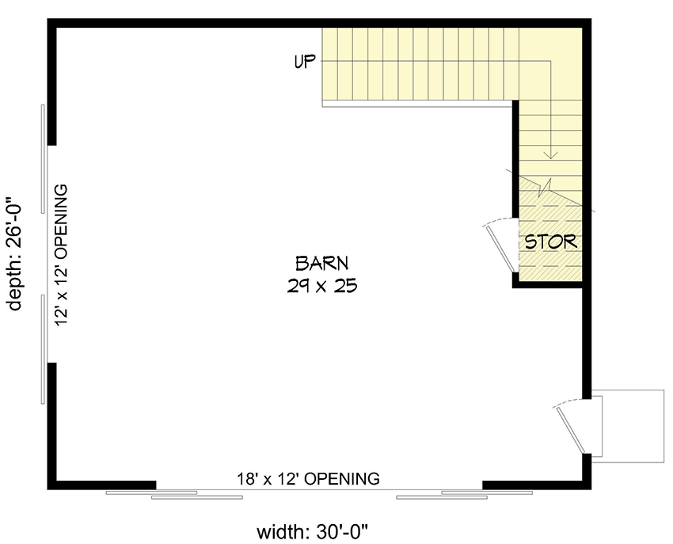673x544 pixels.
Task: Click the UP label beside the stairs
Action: point(304,62)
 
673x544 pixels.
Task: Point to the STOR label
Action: point(551,242)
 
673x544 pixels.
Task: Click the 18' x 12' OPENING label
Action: point(308,478)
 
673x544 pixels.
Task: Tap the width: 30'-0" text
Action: point(322,530)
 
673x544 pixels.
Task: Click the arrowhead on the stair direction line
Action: point(553,154)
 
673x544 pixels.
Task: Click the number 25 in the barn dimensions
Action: point(346,286)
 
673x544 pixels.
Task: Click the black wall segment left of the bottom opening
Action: point(105,485)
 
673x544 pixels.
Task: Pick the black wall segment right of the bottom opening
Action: point(535,485)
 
